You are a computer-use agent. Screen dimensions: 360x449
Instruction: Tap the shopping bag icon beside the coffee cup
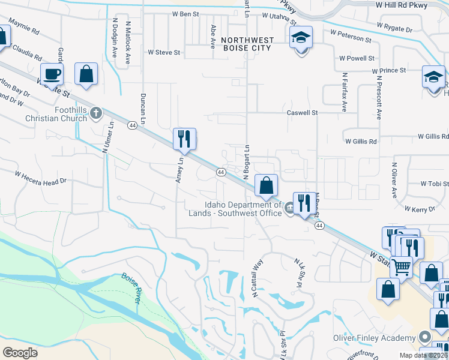[x=86, y=73]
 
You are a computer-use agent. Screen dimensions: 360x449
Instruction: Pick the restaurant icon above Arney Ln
[x=184, y=139]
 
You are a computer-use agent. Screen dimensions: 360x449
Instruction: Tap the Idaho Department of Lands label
[x=243, y=209]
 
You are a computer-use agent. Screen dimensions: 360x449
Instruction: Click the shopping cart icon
[x=401, y=267]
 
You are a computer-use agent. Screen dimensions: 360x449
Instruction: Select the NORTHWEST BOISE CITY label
[x=247, y=44]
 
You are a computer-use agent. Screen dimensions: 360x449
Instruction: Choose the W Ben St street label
[x=185, y=13]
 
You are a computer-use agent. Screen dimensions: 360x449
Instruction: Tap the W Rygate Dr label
[x=394, y=28]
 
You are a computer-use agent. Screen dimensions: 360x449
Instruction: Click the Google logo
[x=20, y=353]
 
